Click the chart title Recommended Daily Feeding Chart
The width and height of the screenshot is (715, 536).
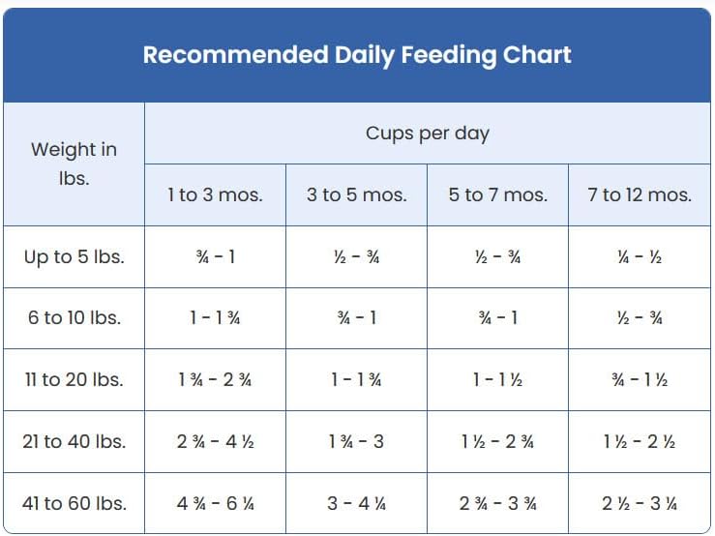pyautogui.click(x=357, y=55)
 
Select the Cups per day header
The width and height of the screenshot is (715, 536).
pyautogui.click(x=428, y=134)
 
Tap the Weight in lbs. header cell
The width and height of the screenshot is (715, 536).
pyautogui.click(x=74, y=164)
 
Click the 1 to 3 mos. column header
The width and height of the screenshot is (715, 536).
pyautogui.click(x=215, y=194)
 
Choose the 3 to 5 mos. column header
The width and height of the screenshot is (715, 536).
pyautogui.click(x=357, y=194)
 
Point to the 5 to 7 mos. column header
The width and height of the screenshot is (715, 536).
pyautogui.click(x=498, y=194)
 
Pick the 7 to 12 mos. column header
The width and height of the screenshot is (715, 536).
pyautogui.click(x=640, y=194)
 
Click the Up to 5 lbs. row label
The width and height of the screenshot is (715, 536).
pyautogui.click(x=74, y=256)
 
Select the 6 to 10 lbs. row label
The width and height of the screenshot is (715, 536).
pyautogui.click(x=74, y=318)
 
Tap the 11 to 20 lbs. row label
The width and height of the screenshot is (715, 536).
pyautogui.click(x=74, y=379)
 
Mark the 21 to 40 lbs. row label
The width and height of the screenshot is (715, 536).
pyautogui.click(x=74, y=441)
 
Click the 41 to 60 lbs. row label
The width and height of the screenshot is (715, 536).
pyautogui.click(x=74, y=504)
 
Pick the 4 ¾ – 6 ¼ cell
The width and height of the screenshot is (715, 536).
pyautogui.click(x=215, y=504)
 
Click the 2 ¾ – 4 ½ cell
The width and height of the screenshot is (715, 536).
pyautogui.click(x=215, y=441)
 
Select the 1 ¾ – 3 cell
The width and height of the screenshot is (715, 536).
pyautogui.click(x=357, y=441)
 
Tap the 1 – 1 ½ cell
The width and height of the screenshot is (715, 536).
pyautogui.click(x=498, y=379)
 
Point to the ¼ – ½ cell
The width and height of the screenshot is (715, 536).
pyautogui.click(x=640, y=257)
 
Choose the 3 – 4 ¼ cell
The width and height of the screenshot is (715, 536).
pyautogui.click(x=357, y=504)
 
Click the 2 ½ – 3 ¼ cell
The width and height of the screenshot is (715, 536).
pyautogui.click(x=640, y=504)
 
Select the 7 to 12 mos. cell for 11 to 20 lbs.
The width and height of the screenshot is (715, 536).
pyautogui.click(x=640, y=379)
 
